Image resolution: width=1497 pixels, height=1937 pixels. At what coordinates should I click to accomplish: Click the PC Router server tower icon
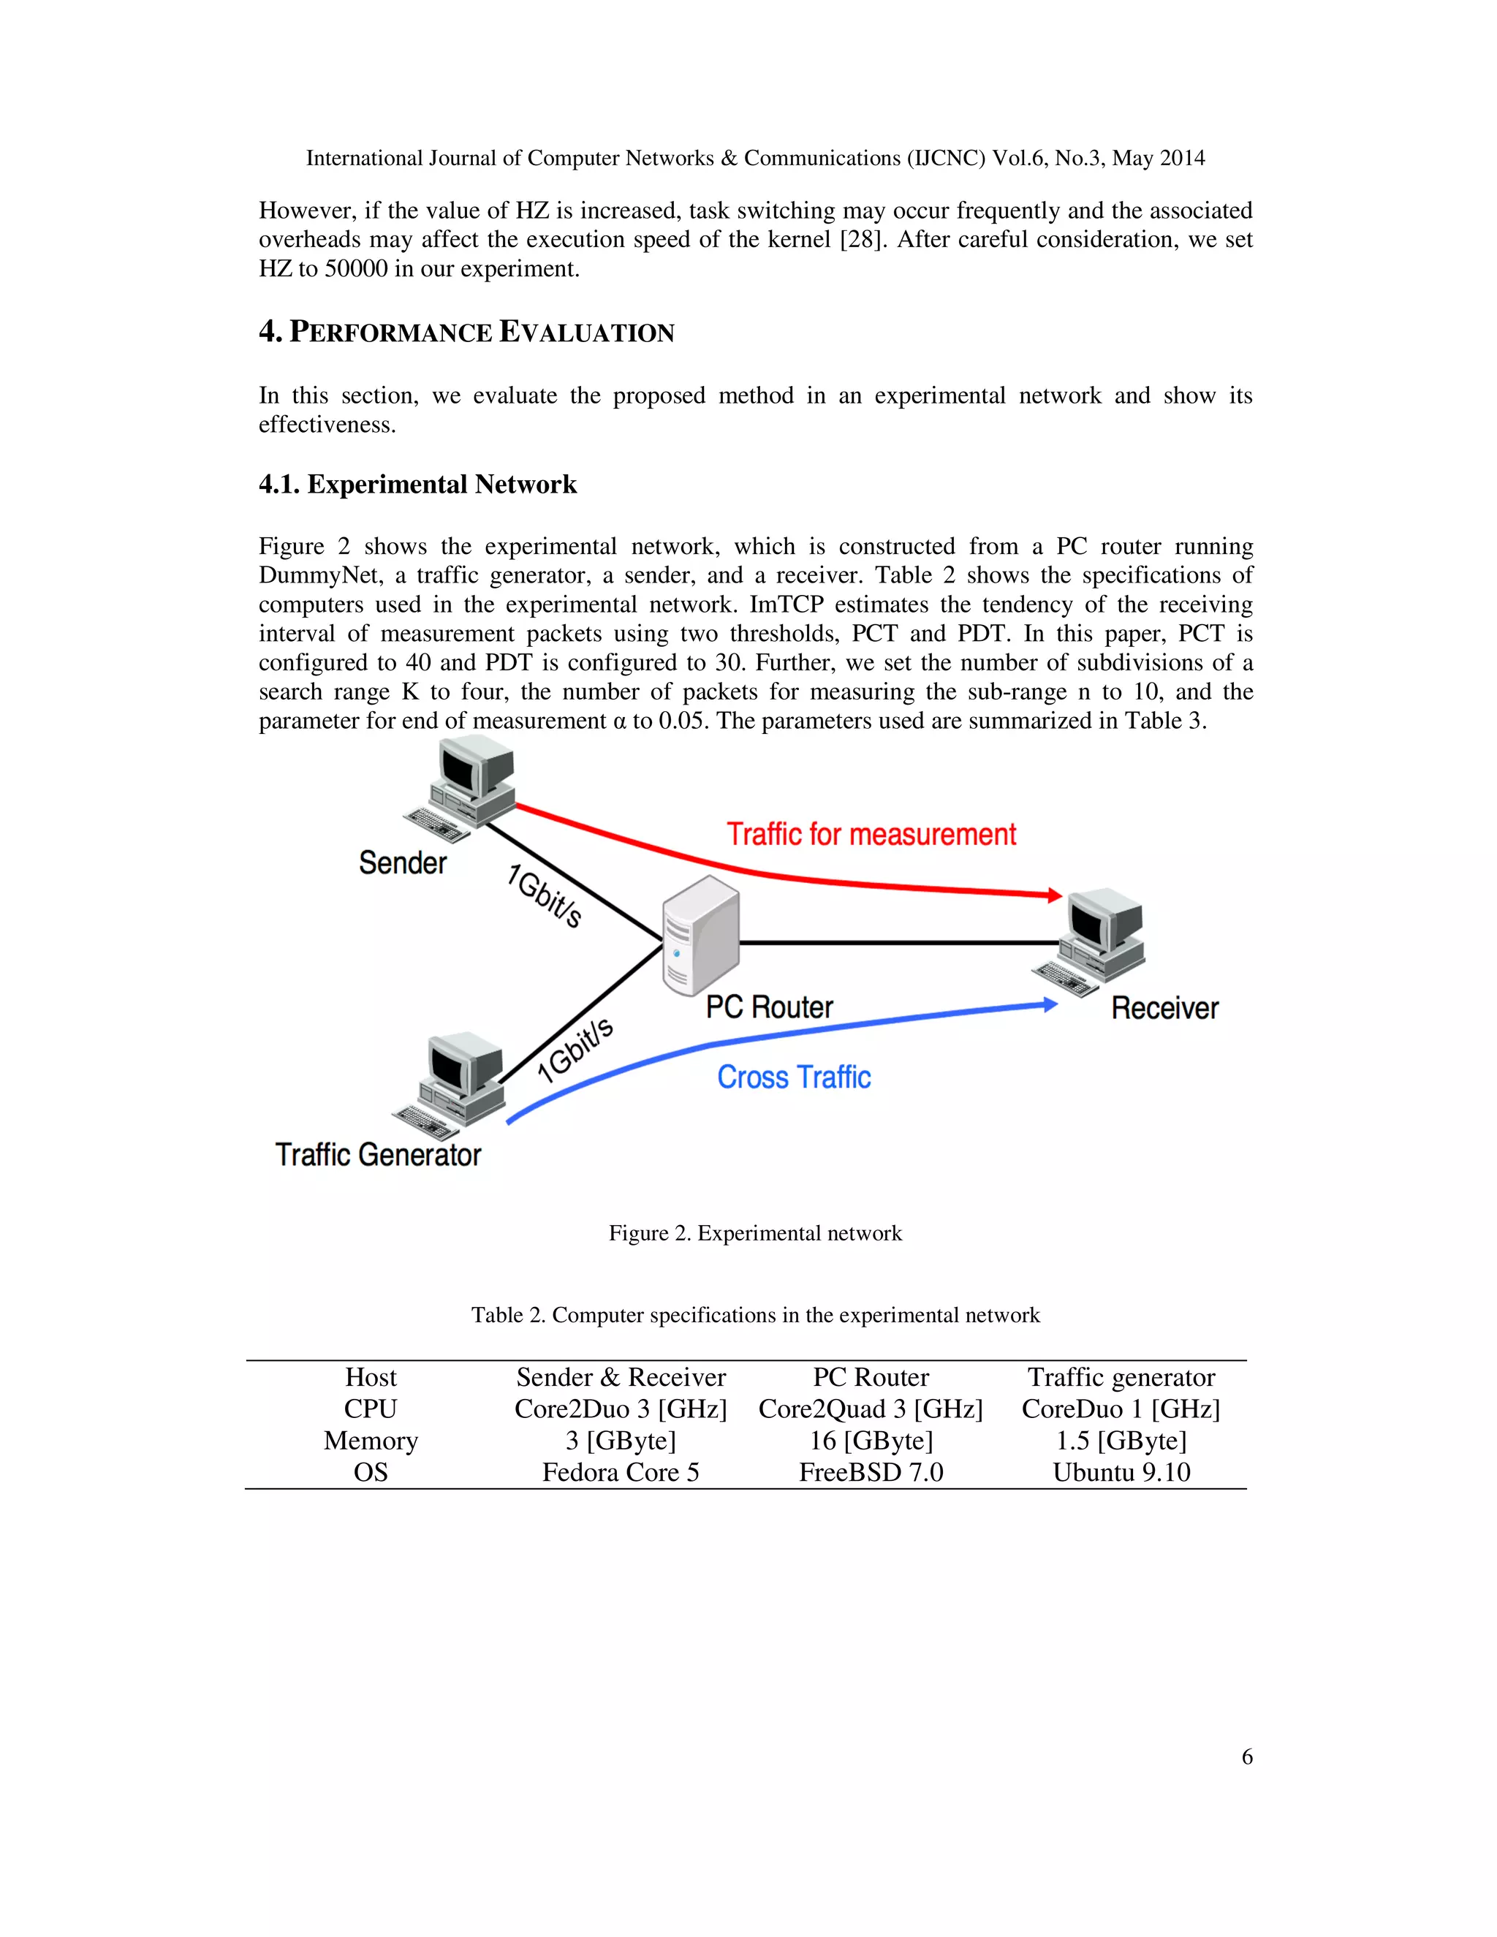(x=700, y=935)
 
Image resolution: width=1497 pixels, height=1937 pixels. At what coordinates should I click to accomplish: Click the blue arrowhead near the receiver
(x=1050, y=1005)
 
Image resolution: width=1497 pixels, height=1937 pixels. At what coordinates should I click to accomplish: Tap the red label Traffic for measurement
(x=871, y=835)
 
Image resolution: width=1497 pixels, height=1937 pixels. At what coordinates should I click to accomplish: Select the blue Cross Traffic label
(x=794, y=1077)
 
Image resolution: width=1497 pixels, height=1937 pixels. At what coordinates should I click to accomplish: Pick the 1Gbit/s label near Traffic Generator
(x=575, y=1050)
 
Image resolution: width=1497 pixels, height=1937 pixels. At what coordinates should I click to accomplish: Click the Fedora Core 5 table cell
(x=621, y=1472)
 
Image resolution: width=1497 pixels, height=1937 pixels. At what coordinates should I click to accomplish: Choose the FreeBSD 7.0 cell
(x=871, y=1472)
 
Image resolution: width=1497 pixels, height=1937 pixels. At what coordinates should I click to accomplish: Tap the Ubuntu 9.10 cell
(x=1121, y=1472)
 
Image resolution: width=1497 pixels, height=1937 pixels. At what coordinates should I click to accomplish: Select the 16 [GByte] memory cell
(x=871, y=1441)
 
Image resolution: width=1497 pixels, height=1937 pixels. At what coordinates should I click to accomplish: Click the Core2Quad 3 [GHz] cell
(x=871, y=1409)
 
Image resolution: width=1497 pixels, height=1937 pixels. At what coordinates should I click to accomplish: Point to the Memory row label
(x=371, y=1441)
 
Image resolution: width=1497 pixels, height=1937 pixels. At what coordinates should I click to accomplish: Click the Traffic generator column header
(x=1121, y=1376)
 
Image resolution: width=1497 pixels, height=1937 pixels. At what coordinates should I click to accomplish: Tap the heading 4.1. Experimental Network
(x=417, y=484)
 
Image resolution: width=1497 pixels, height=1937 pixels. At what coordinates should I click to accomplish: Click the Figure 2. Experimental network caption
(x=754, y=1233)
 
